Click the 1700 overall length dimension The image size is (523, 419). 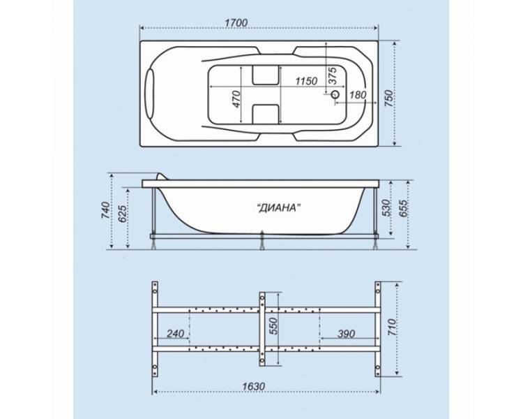click(236, 23)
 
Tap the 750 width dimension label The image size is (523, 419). click(389, 98)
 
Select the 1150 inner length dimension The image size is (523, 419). click(306, 81)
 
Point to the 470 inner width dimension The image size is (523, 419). click(236, 98)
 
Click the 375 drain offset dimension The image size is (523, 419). click(333, 75)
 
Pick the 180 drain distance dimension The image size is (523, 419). click(358, 95)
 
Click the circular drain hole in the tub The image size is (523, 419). click(335, 94)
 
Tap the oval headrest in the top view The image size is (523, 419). click(150, 94)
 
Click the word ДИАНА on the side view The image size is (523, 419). click(278, 208)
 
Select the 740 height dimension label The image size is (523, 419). click(105, 210)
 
